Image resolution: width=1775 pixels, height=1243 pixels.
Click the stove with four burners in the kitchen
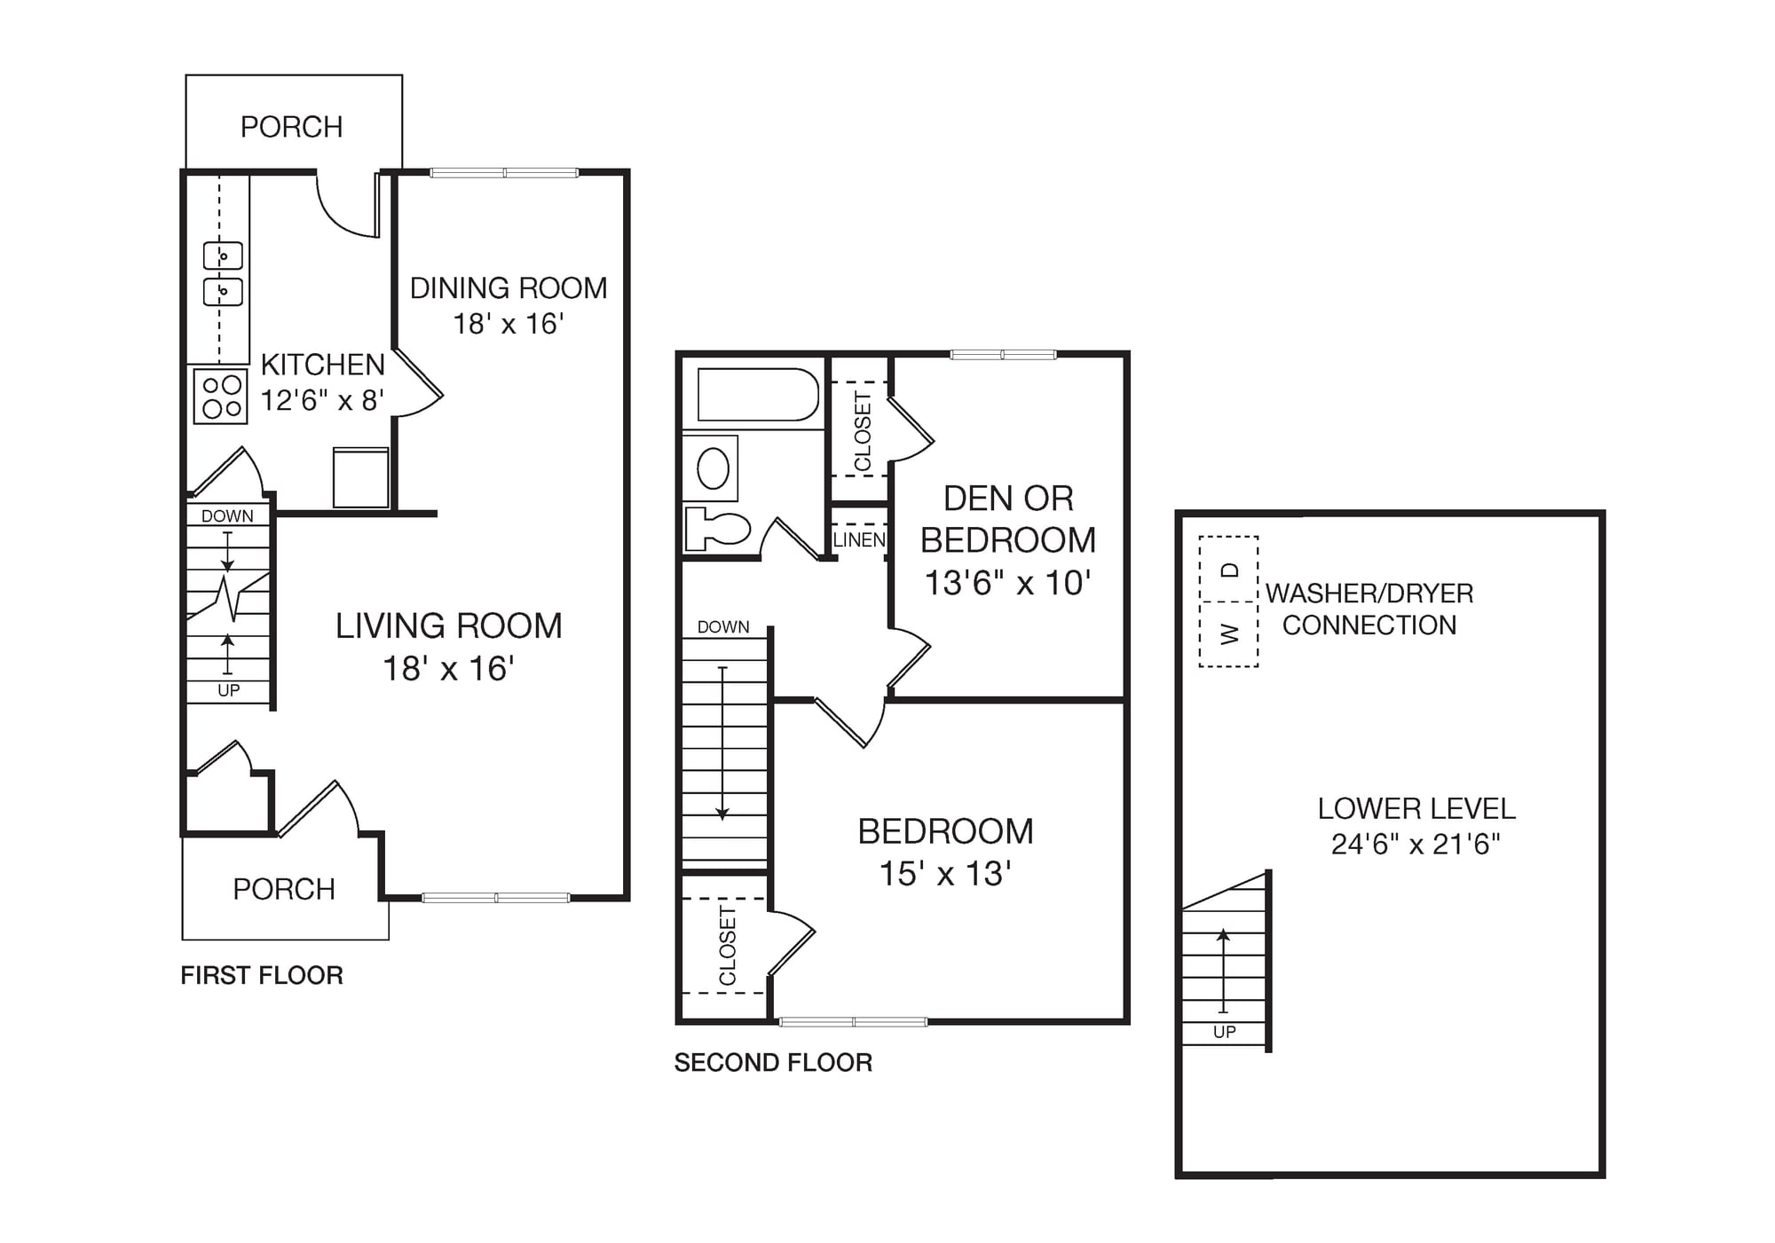[x=221, y=396]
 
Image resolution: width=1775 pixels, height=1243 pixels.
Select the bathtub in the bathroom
[x=758, y=394]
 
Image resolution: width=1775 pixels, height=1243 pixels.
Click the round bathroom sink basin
[x=713, y=468]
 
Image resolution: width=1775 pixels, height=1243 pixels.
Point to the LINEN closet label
[x=859, y=539]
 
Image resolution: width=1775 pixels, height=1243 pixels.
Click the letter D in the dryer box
[x=1229, y=570]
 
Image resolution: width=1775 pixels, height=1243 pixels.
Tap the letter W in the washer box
[x=1229, y=633]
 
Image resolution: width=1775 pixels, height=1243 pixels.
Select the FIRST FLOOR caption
[x=262, y=975]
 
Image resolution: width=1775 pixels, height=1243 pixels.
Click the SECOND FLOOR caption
[x=773, y=1062]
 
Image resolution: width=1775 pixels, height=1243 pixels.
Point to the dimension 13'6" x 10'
[x=1007, y=583]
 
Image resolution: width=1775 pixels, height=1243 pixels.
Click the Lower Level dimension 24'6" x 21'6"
[x=1416, y=844]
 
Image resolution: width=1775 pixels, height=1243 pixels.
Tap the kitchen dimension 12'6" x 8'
[x=322, y=400]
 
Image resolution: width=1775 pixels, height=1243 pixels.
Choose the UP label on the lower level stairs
[x=1225, y=1032]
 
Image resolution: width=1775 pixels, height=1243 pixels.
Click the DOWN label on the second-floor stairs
[x=723, y=627]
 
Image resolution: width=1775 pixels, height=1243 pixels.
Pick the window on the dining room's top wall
[x=504, y=173]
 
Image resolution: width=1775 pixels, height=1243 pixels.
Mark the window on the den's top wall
[x=1003, y=355]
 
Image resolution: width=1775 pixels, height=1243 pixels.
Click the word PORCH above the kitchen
[x=292, y=127]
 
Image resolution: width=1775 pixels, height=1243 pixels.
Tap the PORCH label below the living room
[x=284, y=889]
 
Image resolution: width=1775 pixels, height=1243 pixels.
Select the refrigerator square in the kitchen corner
[x=361, y=477]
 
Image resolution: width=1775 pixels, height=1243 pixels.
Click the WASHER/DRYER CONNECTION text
[x=1369, y=609]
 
